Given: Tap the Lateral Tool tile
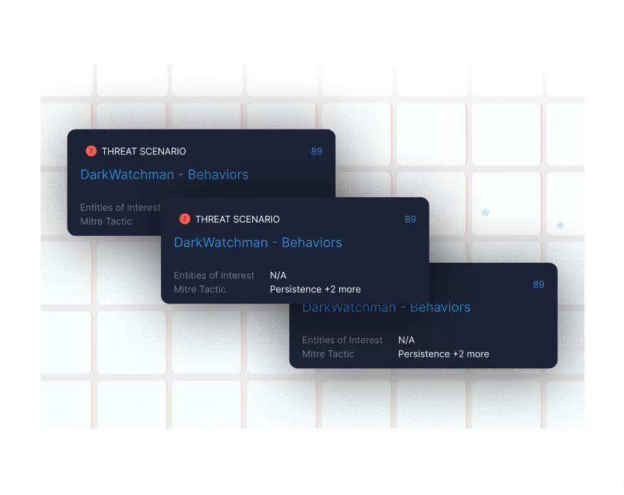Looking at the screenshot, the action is [x=504, y=256].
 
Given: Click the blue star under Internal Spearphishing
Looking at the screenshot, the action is [x=485, y=213].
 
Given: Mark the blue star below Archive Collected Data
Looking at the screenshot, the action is [x=560, y=225].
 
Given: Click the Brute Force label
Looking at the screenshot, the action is [x=356, y=187].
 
